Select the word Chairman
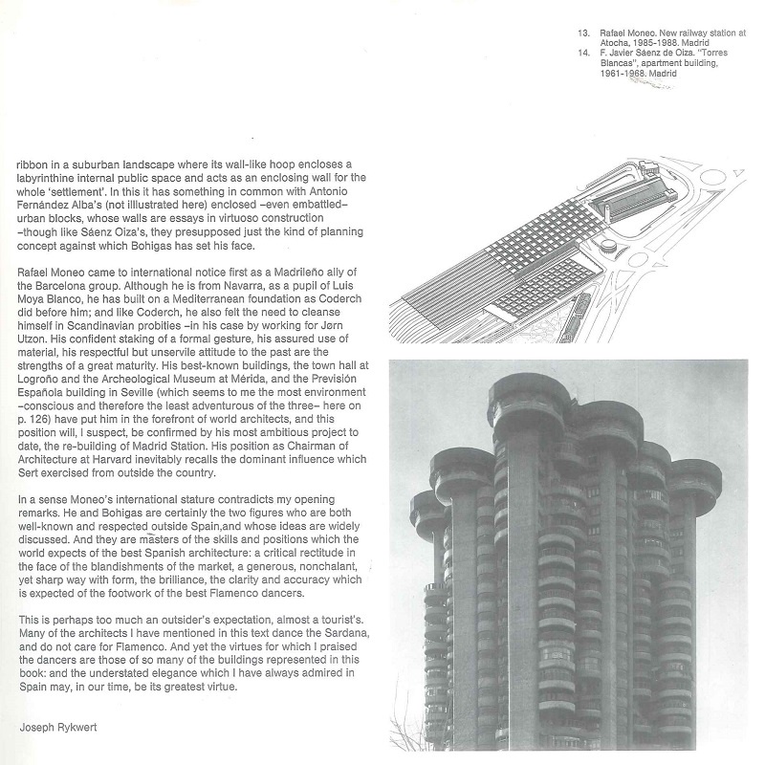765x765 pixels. pos(312,432)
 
